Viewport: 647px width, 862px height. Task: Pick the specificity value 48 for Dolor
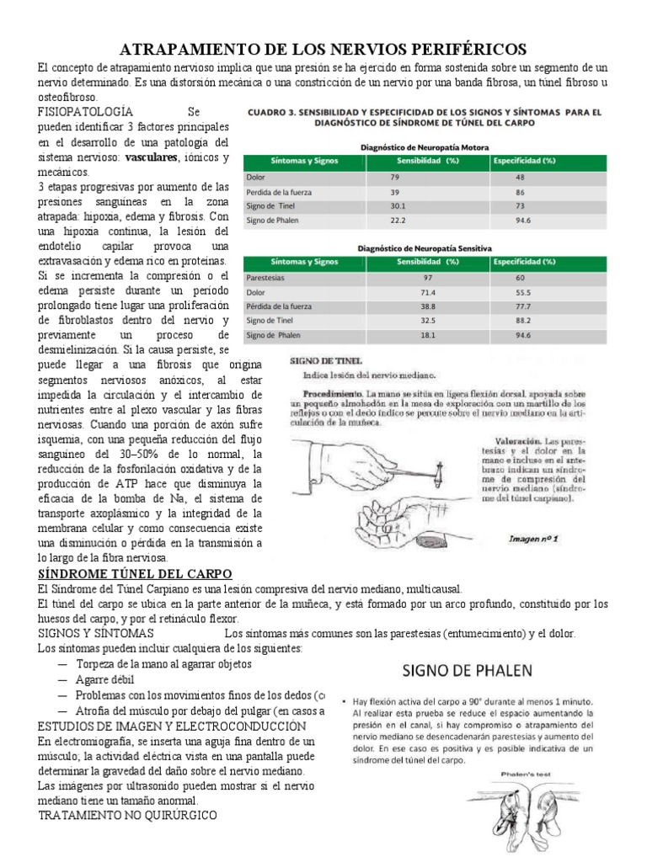point(520,178)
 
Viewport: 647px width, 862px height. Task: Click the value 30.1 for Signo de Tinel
point(398,206)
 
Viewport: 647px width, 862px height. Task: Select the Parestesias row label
point(263,277)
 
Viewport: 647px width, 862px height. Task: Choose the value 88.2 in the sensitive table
point(524,320)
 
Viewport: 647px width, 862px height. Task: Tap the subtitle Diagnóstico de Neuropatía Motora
point(425,146)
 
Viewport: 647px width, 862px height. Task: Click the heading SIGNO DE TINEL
point(334,359)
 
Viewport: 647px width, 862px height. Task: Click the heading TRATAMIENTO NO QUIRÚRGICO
point(128,816)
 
